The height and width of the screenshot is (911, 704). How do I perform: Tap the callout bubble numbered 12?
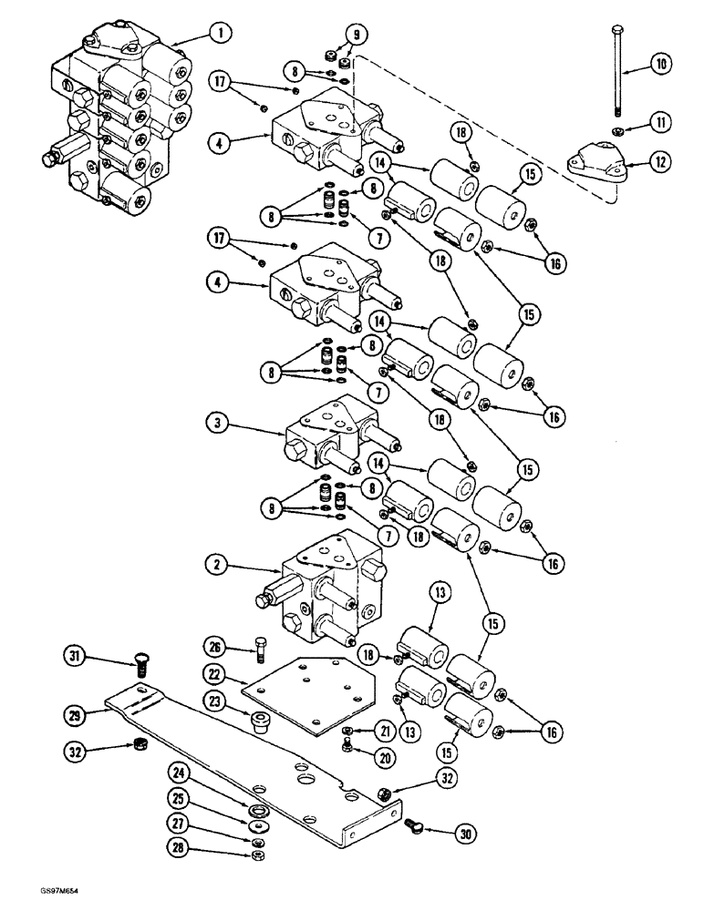[x=660, y=163]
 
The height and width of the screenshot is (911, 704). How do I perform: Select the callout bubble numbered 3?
[x=216, y=425]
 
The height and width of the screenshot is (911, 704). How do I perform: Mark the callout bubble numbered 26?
[x=215, y=648]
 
